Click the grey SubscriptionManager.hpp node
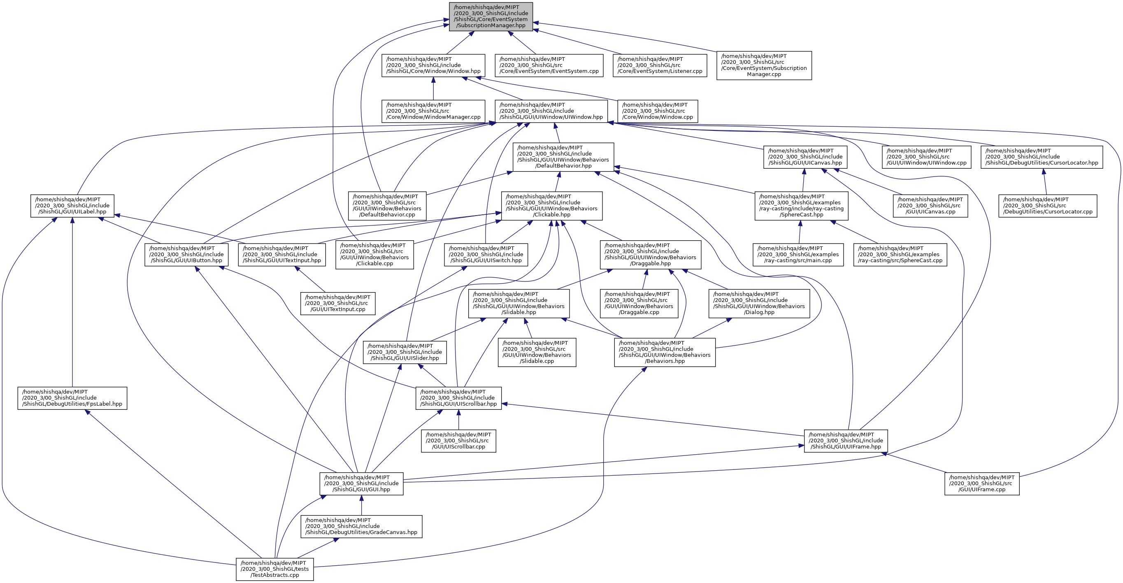pos(491,16)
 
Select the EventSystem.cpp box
pos(549,65)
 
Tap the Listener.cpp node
pos(660,65)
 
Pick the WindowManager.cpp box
pos(433,111)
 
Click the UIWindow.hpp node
pos(551,111)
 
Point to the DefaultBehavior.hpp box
pos(563,157)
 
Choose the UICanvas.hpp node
pos(805,157)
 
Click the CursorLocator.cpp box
pos(1048,206)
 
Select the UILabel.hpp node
pos(72,206)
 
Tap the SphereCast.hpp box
pos(801,206)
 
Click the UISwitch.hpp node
pos(486,254)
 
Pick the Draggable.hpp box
pos(651,254)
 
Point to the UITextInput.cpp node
pos(337,303)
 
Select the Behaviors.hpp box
pos(665,352)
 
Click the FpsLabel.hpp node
pos(72,398)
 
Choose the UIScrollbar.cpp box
pos(458,441)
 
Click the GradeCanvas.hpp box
pos(361,526)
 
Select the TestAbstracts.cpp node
pos(274,569)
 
